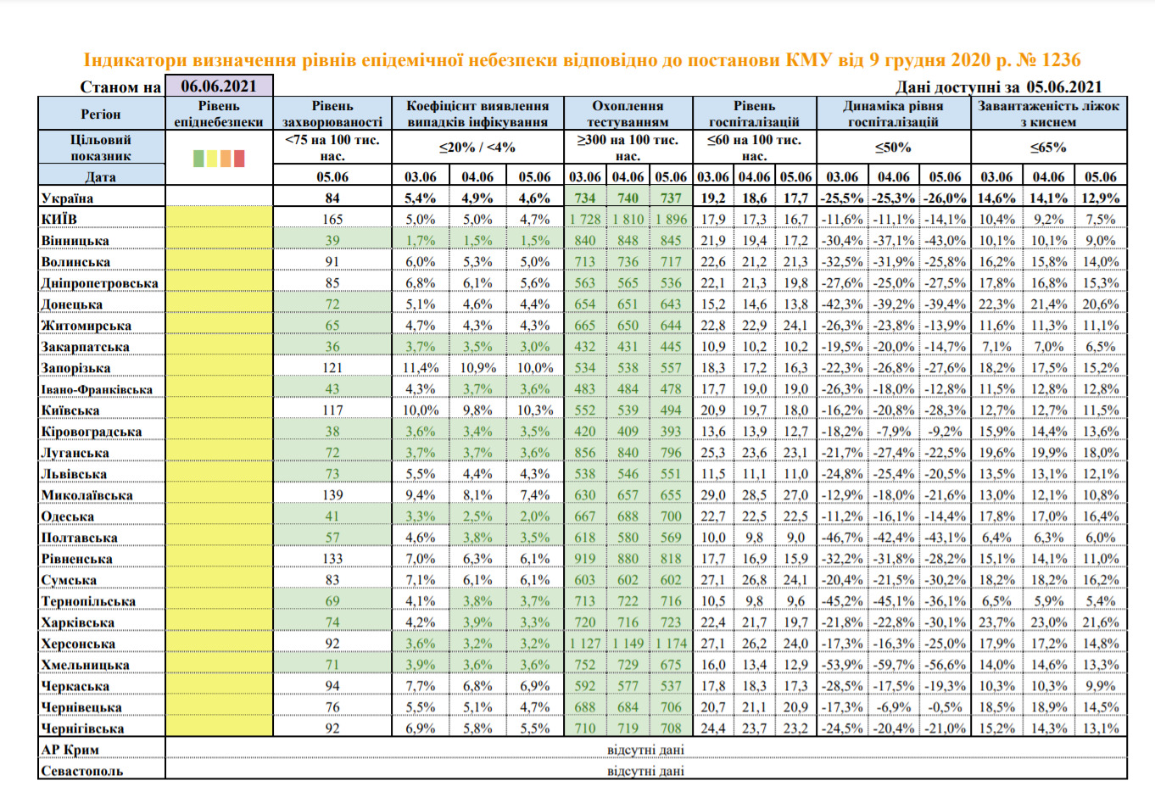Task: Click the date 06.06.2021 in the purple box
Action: pyautogui.click(x=219, y=86)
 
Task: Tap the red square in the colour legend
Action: pyautogui.click(x=239, y=159)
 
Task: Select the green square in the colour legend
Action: pyautogui.click(x=198, y=159)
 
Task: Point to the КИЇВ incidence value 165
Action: pyautogui.click(x=332, y=219)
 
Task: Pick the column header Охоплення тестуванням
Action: pyautogui.click(x=628, y=114)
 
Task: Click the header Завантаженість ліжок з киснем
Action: pyautogui.click(x=1049, y=114)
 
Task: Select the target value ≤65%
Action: pyautogui.click(x=1049, y=148)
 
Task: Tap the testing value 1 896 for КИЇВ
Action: pyautogui.click(x=672, y=219)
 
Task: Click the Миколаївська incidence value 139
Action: pyautogui.click(x=332, y=495)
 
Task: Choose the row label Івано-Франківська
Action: pyautogui.click(x=97, y=389)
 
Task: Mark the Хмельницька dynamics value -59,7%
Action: pyautogui.click(x=894, y=665)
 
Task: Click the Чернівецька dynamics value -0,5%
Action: pyautogui.click(x=946, y=707)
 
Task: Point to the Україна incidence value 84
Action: pyautogui.click(x=332, y=198)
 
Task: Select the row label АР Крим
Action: pyautogui.click(x=70, y=750)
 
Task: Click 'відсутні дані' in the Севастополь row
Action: pyautogui.click(x=645, y=771)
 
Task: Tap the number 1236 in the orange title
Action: pyautogui.click(x=1061, y=60)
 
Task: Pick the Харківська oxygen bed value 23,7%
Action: pyautogui.click(x=997, y=622)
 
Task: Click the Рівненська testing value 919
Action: pyautogui.click(x=585, y=559)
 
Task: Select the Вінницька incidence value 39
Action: pyautogui.click(x=332, y=240)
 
